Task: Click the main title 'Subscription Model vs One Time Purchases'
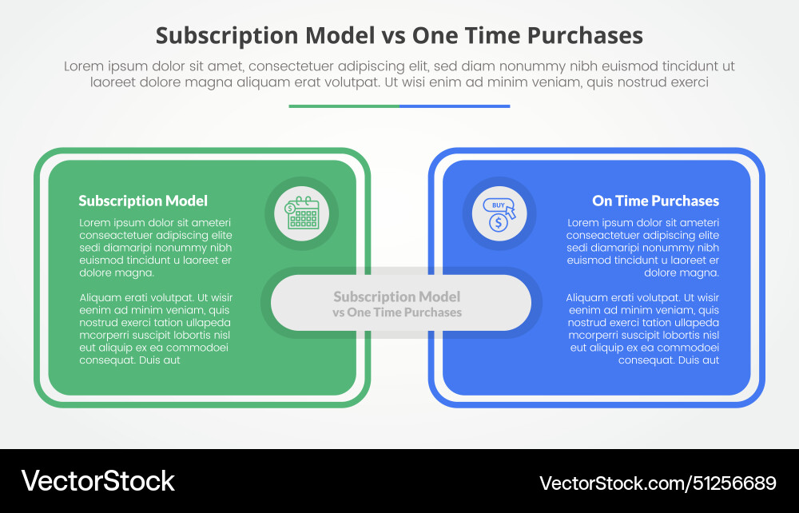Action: tap(399, 36)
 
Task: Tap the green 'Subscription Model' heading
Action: tap(143, 201)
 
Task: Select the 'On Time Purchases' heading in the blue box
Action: tap(655, 201)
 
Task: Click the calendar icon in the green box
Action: tap(302, 213)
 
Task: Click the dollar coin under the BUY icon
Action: tap(499, 224)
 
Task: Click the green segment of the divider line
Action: tap(344, 105)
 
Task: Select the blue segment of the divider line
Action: tap(455, 105)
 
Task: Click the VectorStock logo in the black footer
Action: tap(97, 480)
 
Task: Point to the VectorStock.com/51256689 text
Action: tap(658, 483)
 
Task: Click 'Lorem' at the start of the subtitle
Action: tap(84, 66)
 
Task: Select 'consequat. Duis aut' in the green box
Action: tap(130, 360)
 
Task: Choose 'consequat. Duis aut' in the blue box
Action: tap(669, 360)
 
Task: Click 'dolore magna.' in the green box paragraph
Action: tap(117, 272)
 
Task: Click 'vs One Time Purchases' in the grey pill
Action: tap(397, 312)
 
